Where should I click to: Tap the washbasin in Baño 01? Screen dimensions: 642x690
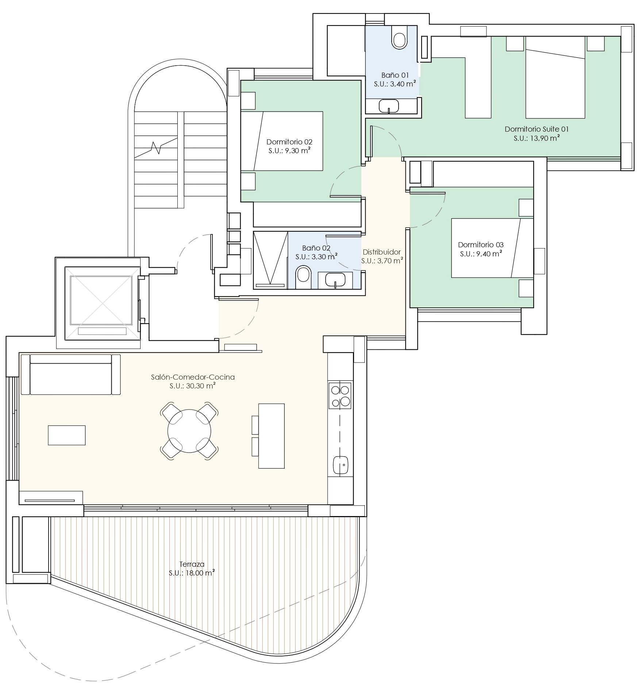(389, 106)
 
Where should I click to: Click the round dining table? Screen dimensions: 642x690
(189, 431)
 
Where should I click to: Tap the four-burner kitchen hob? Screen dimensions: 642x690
(340, 395)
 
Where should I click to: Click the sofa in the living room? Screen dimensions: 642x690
(71, 374)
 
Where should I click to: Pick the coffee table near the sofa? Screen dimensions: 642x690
(67, 435)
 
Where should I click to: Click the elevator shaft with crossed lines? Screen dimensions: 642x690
(101, 301)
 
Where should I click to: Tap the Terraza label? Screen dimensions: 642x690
(192, 564)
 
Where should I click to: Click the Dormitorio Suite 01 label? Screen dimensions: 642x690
(537, 129)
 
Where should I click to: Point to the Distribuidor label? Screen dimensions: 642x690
(382, 252)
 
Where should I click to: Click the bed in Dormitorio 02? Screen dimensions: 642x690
(282, 141)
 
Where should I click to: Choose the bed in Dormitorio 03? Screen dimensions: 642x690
(492, 248)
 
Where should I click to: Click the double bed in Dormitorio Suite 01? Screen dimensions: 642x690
(555, 77)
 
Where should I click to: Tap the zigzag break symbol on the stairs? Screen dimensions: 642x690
(157, 147)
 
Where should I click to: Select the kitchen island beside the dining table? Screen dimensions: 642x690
(271, 435)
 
